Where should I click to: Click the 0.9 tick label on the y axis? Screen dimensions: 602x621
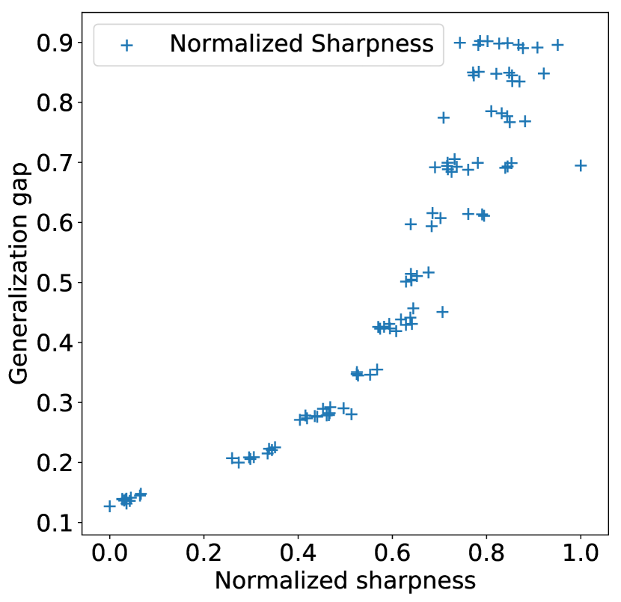pos(57,43)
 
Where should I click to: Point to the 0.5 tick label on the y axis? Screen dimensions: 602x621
pos(57,283)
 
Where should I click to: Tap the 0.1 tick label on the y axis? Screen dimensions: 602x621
pos(57,523)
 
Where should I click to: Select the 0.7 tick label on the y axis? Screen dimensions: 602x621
pos(57,162)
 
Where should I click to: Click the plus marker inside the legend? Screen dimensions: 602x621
pos(126,45)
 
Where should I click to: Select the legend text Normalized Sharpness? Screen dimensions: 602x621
pos(301,44)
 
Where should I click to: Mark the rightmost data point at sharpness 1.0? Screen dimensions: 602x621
pos(581,165)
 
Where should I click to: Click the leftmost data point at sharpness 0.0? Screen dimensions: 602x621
pos(110,506)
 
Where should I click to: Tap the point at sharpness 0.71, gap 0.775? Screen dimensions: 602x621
pos(443,117)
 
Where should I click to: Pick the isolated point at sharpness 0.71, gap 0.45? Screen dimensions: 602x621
pos(442,311)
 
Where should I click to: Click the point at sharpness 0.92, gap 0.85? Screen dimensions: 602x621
pos(544,73)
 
